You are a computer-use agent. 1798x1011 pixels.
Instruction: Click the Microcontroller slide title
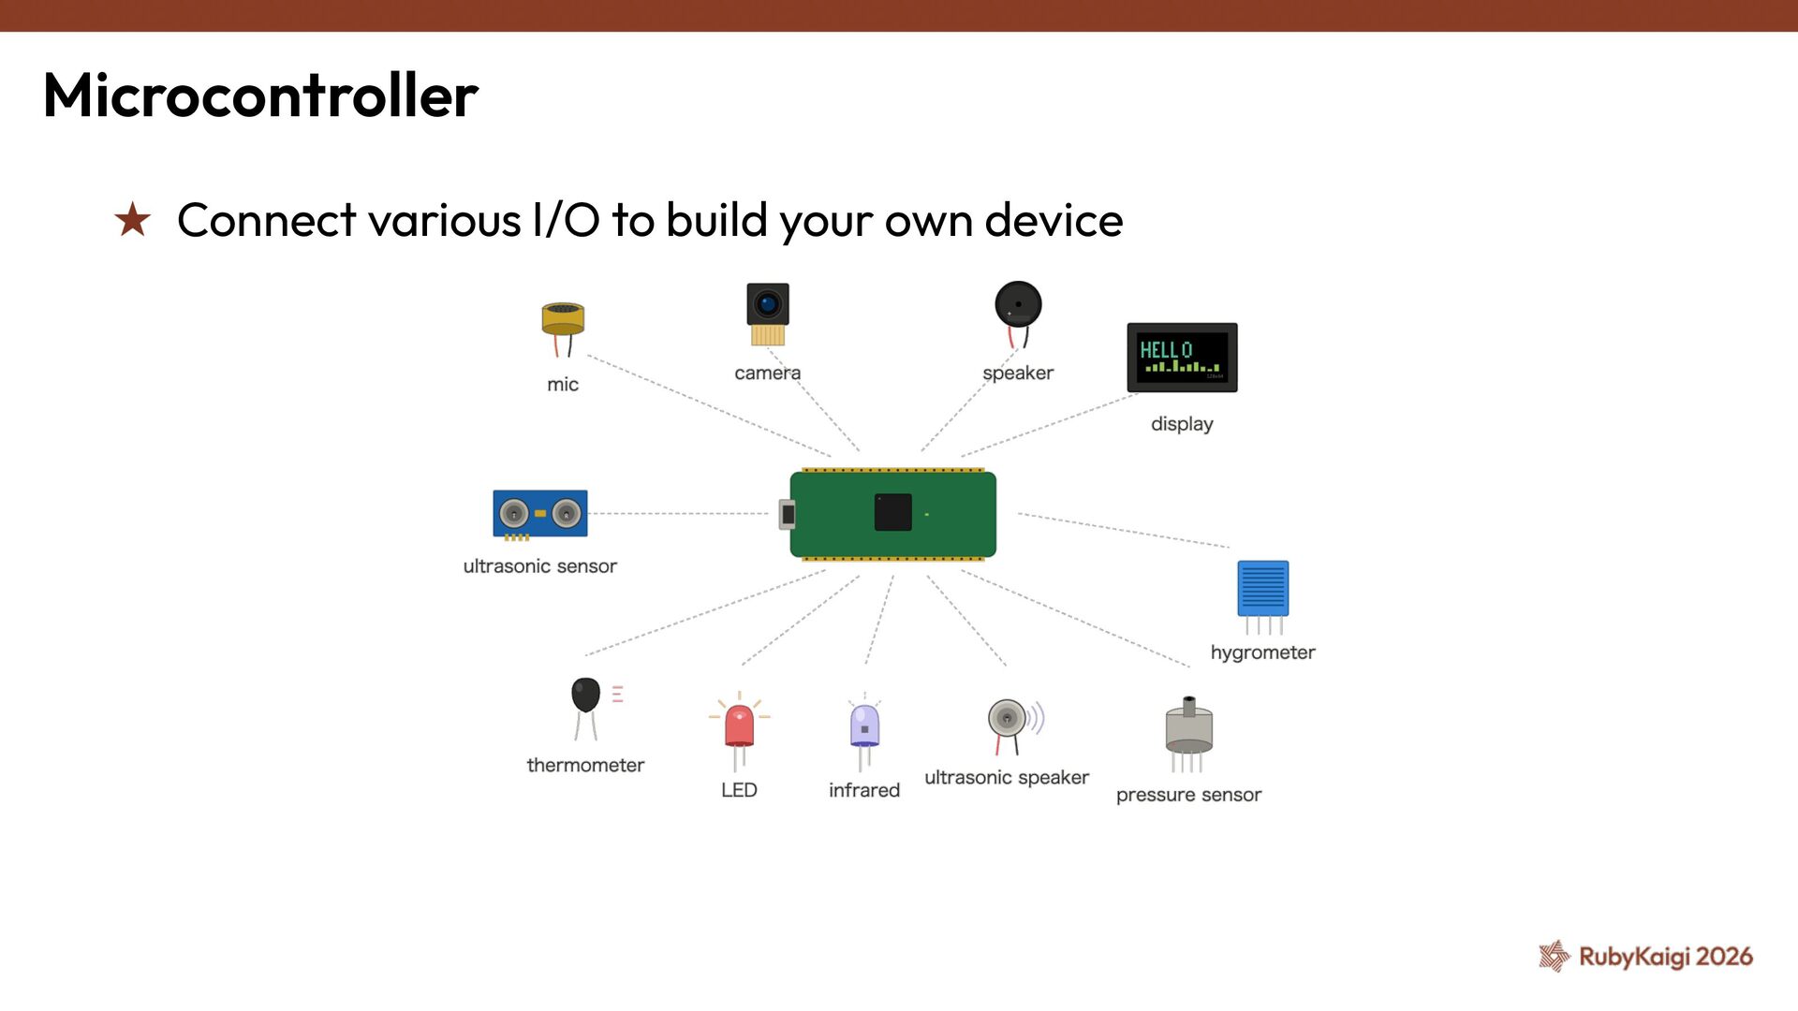pyautogui.click(x=260, y=95)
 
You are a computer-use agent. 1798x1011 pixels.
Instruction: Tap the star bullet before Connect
pyautogui.click(x=132, y=221)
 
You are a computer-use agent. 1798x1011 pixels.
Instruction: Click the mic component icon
pyautogui.click(x=563, y=323)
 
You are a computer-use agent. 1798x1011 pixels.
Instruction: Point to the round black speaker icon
pyautogui.click(x=1018, y=305)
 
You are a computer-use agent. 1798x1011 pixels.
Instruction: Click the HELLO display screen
pyautogui.click(x=1182, y=357)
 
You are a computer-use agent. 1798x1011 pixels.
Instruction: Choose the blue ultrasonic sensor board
pyautogui.click(x=540, y=513)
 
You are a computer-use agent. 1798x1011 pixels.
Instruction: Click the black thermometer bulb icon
pyautogui.click(x=586, y=696)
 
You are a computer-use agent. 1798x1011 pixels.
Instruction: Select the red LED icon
pyautogui.click(x=739, y=726)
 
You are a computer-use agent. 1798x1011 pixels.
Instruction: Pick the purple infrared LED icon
pyautogui.click(x=864, y=726)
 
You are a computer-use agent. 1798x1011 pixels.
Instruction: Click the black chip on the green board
pyautogui.click(x=892, y=512)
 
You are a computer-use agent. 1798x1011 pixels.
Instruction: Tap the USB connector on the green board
pyautogui.click(x=788, y=514)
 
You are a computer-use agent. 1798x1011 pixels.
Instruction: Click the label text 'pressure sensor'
pyautogui.click(x=1188, y=795)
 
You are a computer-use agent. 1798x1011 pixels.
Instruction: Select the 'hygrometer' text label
pyautogui.click(x=1262, y=652)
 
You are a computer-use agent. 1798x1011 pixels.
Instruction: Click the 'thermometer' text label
pyautogui.click(x=585, y=766)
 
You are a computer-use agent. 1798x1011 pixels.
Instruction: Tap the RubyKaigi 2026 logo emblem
pyautogui.click(x=1555, y=956)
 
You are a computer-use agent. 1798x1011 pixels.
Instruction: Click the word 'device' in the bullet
pyautogui.click(x=1054, y=221)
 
